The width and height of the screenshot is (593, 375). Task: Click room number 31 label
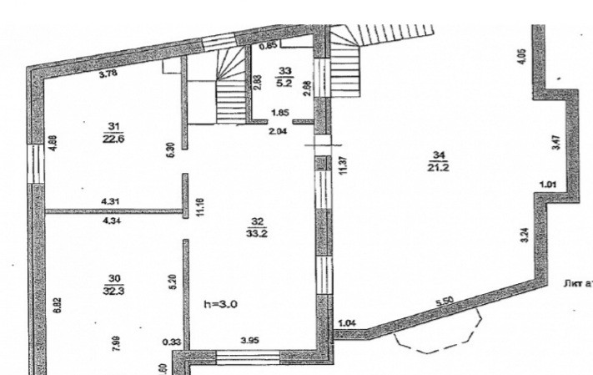coord(111,127)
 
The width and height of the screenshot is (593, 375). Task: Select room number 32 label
coord(257,220)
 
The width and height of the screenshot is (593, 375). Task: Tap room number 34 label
coord(437,153)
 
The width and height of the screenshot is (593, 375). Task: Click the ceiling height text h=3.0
coord(221,306)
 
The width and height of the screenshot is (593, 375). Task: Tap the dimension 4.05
coord(520,58)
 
